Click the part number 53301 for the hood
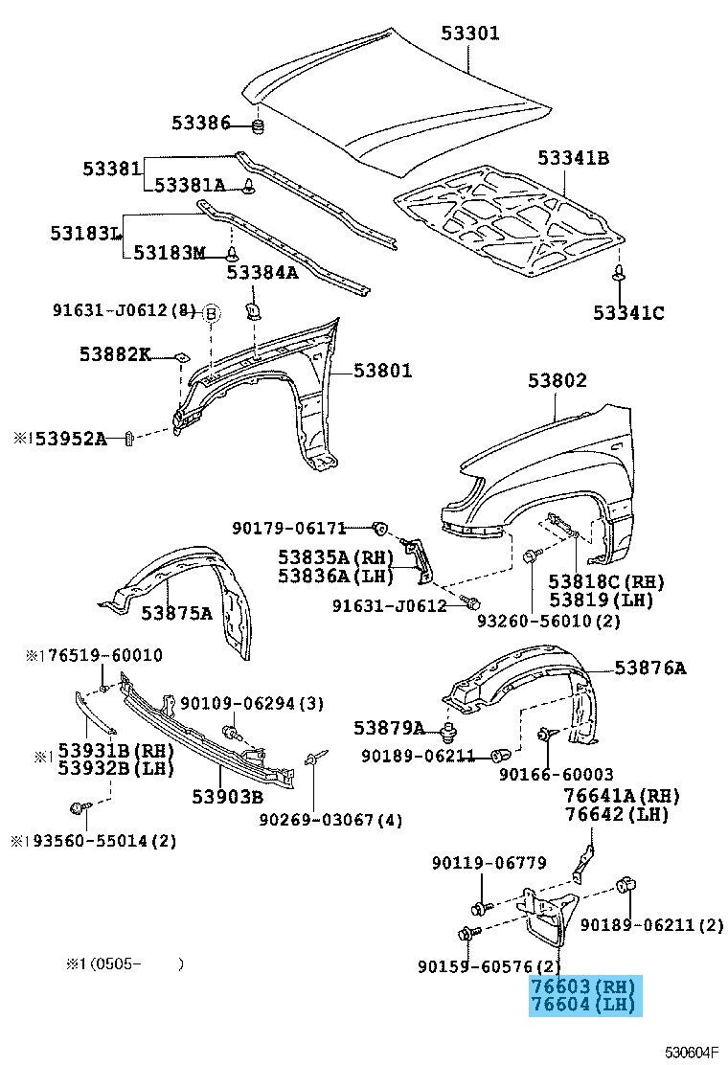(470, 33)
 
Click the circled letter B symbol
(211, 312)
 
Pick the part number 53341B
(573, 158)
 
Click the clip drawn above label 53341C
(619, 273)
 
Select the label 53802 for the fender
(557, 379)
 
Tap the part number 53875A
(176, 613)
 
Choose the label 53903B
(227, 796)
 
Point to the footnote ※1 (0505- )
(125, 963)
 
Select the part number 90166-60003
(557, 774)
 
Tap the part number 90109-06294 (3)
(251, 703)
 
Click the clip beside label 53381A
(249, 186)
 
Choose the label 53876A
(650, 668)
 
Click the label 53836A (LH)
(335, 576)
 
